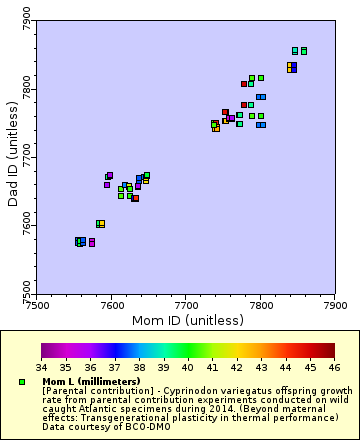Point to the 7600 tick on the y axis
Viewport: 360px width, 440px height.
coord(36,225)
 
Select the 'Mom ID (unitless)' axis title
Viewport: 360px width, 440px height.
coord(187,320)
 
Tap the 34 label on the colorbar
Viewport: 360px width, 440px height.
coord(41,367)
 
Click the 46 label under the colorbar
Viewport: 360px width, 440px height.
coord(335,367)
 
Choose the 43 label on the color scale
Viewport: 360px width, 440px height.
coord(262,367)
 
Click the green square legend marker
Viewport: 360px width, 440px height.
coord(21,382)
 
